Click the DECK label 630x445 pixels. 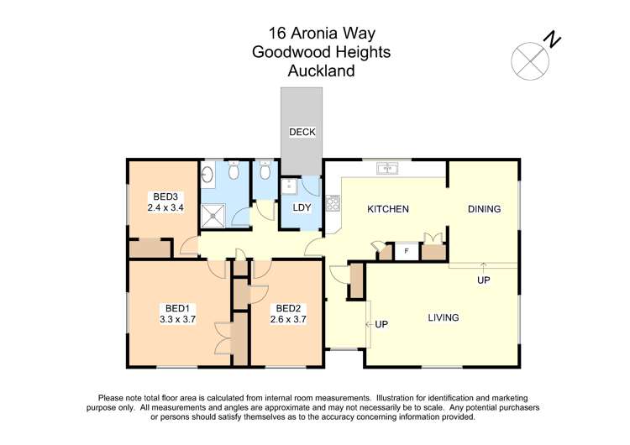click(301, 132)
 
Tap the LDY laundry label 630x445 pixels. click(301, 207)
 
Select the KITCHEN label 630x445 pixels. click(388, 209)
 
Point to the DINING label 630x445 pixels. click(484, 209)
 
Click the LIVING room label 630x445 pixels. click(443, 317)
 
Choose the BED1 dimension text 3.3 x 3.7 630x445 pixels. click(177, 319)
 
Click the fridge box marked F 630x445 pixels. click(407, 250)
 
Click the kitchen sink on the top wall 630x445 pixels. click(388, 168)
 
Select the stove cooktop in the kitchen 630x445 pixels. click(333, 202)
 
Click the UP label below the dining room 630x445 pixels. click(483, 280)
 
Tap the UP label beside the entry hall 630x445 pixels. click(381, 323)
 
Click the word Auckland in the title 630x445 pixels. click(321, 71)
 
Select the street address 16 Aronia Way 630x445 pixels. click(321, 34)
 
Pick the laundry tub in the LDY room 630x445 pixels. click(288, 186)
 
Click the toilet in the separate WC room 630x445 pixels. click(265, 172)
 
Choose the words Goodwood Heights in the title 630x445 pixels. click(321, 52)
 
